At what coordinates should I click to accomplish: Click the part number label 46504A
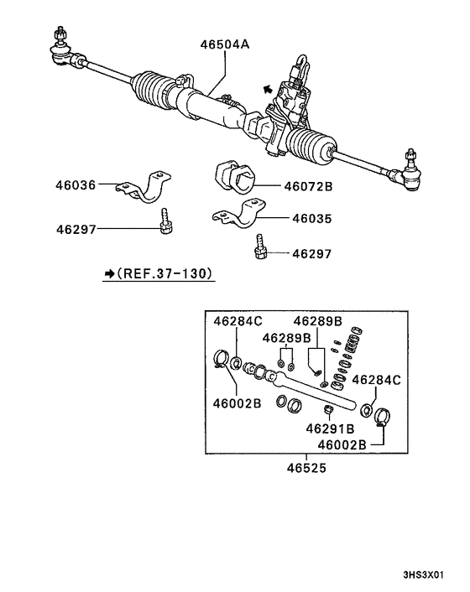tap(224, 46)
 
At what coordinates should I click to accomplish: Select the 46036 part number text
tap(76, 184)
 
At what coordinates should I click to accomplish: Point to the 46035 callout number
tap(311, 218)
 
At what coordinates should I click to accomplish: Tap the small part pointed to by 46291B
tap(330, 410)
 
